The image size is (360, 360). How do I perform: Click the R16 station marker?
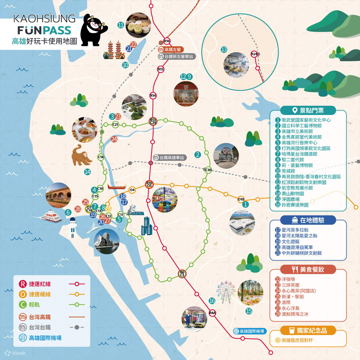tap(167, 41)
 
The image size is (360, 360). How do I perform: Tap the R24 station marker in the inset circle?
tap(254, 54)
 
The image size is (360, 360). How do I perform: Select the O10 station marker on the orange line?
tap(241, 199)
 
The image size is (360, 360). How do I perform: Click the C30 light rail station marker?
tap(208, 170)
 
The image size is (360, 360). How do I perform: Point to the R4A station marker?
tap(212, 313)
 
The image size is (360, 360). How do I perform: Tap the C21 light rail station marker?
tap(115, 124)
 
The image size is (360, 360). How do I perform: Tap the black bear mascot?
tap(93, 30)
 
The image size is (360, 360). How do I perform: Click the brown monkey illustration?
tap(81, 155)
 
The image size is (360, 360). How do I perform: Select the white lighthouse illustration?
tap(73, 227)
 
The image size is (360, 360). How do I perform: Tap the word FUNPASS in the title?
tap(44, 30)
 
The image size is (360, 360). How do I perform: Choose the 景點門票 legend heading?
tap(308, 110)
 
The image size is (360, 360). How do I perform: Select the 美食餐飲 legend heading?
tap(308, 269)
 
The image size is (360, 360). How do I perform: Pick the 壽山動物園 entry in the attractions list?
tap(292, 193)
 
